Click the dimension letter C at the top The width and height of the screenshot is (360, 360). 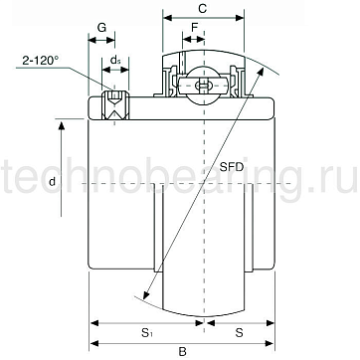(x=203, y=9)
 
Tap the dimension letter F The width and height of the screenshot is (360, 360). (x=195, y=28)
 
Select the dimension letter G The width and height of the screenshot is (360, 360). (x=101, y=28)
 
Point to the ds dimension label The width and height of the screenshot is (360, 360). (x=114, y=61)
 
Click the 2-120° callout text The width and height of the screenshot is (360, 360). (x=40, y=61)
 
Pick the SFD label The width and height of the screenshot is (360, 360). (x=232, y=167)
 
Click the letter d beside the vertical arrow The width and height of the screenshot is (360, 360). (x=52, y=181)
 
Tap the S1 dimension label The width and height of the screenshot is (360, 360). (x=146, y=333)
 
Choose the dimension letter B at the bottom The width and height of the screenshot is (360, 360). (x=182, y=352)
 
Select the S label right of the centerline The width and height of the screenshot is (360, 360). (x=239, y=333)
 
